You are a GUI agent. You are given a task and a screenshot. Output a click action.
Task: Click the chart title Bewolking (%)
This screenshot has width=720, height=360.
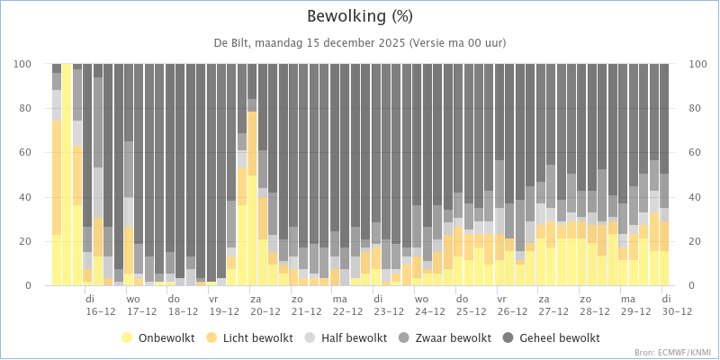point(360,16)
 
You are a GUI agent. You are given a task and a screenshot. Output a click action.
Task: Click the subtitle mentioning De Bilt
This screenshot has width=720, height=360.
point(360,42)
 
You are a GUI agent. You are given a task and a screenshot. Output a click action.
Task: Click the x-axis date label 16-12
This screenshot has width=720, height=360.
point(100,311)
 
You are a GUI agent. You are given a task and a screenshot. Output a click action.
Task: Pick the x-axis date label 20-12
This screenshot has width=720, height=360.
point(265,311)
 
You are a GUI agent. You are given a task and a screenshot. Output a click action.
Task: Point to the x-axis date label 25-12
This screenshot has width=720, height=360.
point(471,311)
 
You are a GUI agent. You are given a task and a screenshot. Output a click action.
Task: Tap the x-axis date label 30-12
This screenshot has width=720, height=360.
point(677,311)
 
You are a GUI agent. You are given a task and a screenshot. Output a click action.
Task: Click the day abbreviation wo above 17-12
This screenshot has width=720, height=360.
point(133,298)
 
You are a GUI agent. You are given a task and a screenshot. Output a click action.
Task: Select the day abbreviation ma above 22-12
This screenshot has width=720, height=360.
point(339,298)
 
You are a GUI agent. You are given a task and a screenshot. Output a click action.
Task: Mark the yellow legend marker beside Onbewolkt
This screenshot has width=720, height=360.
point(127,338)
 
